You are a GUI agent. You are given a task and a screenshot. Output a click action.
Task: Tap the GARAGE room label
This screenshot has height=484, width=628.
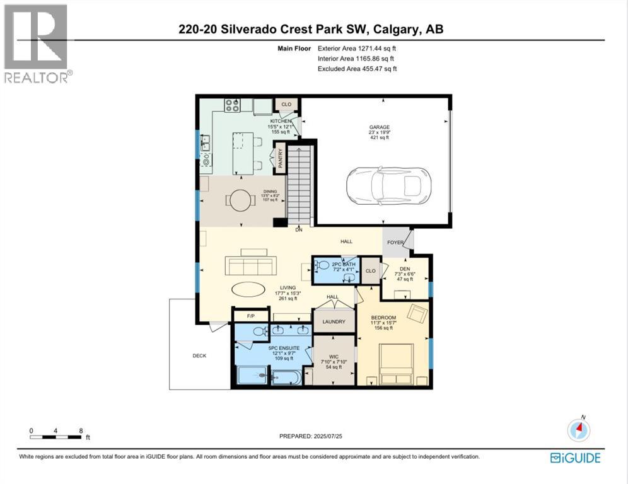(379, 127)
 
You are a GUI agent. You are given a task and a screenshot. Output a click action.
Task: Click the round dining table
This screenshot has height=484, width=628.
(240, 201)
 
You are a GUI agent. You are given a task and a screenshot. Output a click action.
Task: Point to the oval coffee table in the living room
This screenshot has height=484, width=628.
(248, 289)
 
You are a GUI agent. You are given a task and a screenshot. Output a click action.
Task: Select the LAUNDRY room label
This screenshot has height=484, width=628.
(334, 321)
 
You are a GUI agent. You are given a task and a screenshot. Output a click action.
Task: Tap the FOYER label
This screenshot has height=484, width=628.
(395, 243)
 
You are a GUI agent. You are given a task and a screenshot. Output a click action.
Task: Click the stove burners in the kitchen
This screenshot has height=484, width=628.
(232, 105)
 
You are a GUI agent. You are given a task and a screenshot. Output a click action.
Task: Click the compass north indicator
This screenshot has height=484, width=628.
(579, 430)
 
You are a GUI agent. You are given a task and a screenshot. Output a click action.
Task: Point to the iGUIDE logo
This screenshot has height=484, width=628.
(575, 458)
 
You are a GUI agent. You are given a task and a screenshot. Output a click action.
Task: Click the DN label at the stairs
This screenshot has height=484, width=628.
(299, 230)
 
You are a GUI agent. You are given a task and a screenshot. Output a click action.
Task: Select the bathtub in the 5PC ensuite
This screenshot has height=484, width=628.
(288, 377)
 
